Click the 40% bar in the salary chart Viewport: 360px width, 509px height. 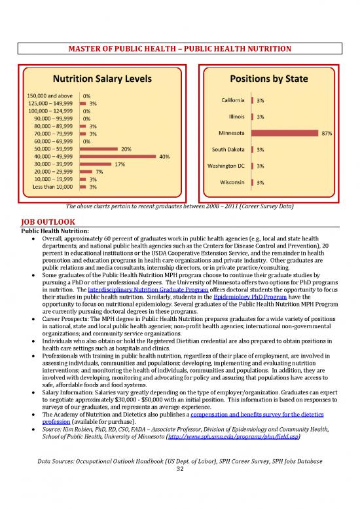click(x=117, y=157)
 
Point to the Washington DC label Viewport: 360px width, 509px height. click(x=225, y=166)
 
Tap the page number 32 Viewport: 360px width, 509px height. click(x=180, y=450)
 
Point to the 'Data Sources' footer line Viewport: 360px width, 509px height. click(x=180, y=443)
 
